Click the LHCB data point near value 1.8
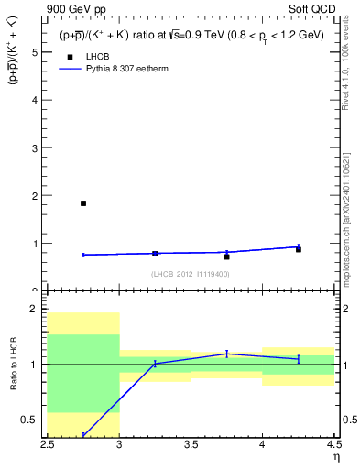click(x=83, y=203)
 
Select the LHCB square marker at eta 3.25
click(x=155, y=254)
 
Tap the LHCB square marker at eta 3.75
click(x=226, y=256)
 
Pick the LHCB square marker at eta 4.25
click(x=298, y=249)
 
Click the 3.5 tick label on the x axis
click(x=191, y=447)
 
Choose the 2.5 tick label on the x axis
click(x=49, y=447)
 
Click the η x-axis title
click(x=335, y=458)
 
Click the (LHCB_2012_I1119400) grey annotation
click(x=191, y=273)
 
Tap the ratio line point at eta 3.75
click(x=226, y=354)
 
